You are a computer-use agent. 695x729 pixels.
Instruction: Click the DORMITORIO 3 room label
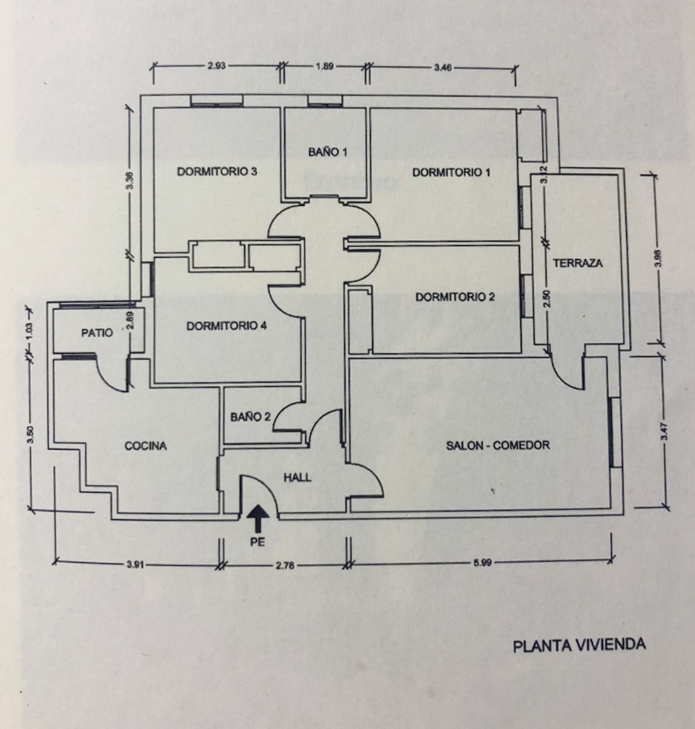(x=217, y=172)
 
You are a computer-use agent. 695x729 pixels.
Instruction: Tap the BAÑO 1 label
(x=327, y=152)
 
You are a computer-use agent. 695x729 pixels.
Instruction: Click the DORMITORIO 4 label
(x=227, y=326)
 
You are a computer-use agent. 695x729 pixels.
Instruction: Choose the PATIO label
(x=97, y=333)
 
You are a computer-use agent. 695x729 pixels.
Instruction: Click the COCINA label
(x=146, y=446)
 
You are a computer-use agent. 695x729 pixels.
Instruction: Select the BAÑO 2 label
(x=250, y=417)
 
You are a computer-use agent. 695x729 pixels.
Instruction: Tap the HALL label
(x=298, y=477)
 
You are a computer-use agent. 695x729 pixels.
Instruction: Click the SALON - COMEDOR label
(x=498, y=445)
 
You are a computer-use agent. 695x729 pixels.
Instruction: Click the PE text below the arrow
(x=257, y=542)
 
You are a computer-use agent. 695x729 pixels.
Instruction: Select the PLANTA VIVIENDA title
(x=579, y=646)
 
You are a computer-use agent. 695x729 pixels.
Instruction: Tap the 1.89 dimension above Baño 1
(x=325, y=66)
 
